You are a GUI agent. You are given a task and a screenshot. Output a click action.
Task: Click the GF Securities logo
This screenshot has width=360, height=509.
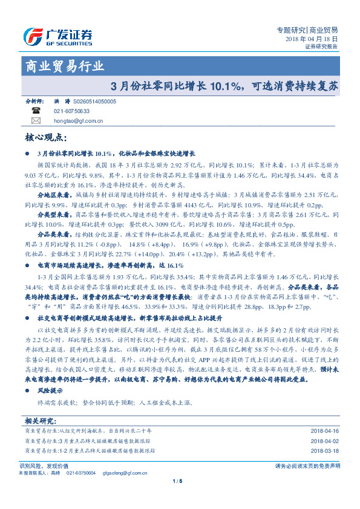tap(57, 36)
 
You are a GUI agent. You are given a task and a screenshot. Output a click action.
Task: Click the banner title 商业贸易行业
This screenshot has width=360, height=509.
tap(63, 66)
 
